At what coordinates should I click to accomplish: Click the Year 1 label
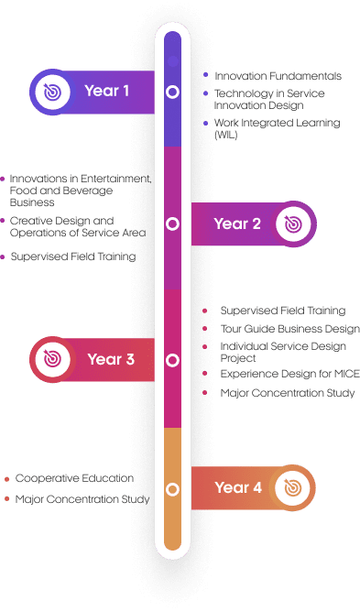pos(107,91)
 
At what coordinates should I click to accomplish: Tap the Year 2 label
pos(237,224)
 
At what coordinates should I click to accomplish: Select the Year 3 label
pos(111,359)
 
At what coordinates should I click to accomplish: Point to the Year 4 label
pos(238,487)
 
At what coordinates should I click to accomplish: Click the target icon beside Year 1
pos(52,92)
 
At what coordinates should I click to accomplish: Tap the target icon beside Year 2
pos(293,224)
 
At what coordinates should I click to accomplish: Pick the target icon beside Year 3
pos(52,359)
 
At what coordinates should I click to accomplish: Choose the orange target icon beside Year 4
pos(292,487)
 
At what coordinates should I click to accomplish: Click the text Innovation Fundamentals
pos(278,76)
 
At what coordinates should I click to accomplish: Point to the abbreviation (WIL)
pos(225,135)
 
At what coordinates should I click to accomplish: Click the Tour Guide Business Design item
pos(289,329)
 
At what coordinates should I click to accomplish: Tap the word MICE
pos(347,374)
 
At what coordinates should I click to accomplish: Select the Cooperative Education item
pos(74,478)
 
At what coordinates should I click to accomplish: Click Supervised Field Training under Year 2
pos(73,256)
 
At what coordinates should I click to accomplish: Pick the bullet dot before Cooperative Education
pos(6,479)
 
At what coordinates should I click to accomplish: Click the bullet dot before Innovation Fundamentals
pos(206,75)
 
